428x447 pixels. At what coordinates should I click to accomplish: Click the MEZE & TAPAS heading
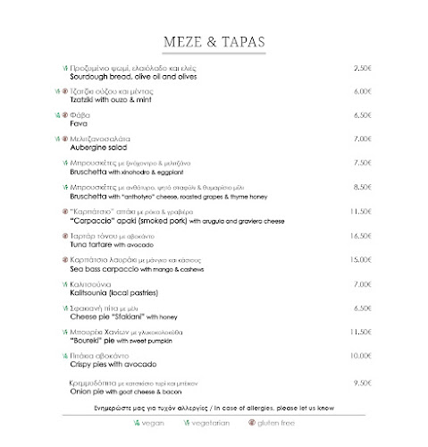(214, 42)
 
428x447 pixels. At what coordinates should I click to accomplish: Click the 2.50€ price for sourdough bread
(362, 68)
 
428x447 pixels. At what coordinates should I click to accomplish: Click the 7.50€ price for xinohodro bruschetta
(362, 163)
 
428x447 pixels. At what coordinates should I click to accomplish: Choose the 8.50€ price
(362, 187)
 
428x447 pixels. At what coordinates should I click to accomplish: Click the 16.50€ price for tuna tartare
(360, 235)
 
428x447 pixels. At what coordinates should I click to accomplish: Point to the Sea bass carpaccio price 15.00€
(360, 259)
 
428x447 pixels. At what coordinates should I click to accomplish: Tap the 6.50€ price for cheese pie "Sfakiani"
(362, 308)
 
